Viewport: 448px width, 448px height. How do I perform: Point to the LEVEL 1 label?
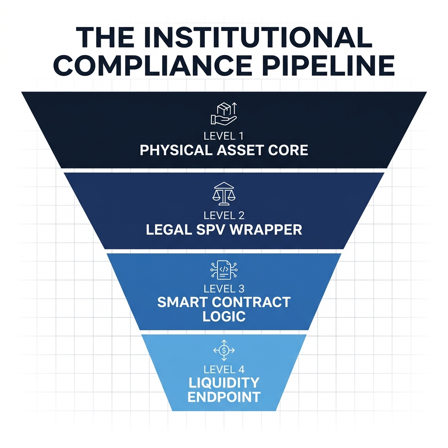coord(224,136)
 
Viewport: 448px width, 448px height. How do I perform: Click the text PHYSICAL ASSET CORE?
coord(224,150)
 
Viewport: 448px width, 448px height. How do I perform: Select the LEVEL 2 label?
coord(224,215)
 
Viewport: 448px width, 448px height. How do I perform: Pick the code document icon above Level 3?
coord(224,270)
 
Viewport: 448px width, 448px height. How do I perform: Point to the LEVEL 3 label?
coord(224,289)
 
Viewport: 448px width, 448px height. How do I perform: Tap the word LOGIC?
coord(224,316)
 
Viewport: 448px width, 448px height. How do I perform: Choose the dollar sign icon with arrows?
coord(224,350)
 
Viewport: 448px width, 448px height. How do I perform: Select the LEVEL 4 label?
coord(224,368)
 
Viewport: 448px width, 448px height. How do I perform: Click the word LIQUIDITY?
coord(224,383)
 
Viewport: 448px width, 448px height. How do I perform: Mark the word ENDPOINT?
coord(224,397)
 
